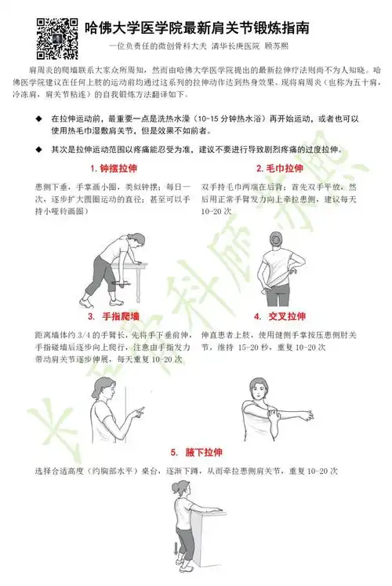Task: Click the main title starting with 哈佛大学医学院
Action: (195, 28)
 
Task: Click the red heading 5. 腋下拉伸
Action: (197, 453)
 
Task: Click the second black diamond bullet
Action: (39, 149)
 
